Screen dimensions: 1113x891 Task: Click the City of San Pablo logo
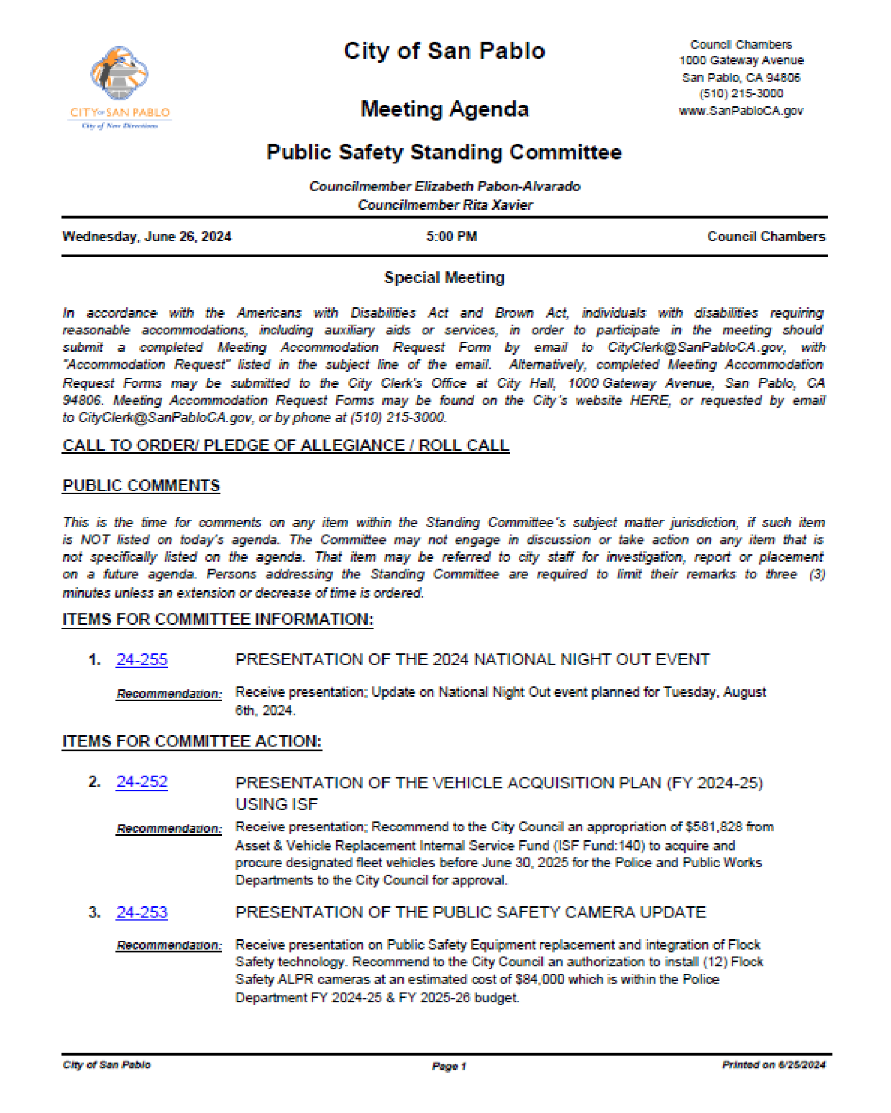click(x=119, y=87)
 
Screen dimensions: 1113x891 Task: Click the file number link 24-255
click(x=142, y=660)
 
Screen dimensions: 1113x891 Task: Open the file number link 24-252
click(x=142, y=782)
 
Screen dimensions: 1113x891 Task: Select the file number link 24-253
click(x=142, y=912)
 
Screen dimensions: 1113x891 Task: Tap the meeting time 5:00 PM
click(x=451, y=237)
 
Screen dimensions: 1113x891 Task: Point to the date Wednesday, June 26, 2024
click(x=147, y=237)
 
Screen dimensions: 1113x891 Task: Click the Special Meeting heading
click(x=444, y=278)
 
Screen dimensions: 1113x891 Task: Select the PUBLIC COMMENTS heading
click(x=142, y=486)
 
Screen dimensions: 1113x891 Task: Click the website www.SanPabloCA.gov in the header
click(x=741, y=110)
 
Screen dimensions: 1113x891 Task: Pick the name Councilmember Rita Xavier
click(x=445, y=205)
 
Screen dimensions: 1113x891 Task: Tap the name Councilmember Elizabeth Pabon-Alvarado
click(x=444, y=186)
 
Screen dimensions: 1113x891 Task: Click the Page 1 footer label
click(x=449, y=1066)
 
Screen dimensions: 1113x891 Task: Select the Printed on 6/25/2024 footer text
click(x=773, y=1065)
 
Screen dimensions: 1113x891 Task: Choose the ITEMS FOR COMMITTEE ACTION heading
click(x=192, y=741)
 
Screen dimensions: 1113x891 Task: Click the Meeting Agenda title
click(x=444, y=109)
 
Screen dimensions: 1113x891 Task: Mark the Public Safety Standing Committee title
click(x=444, y=152)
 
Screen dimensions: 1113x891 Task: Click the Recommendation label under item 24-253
click(x=169, y=945)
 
